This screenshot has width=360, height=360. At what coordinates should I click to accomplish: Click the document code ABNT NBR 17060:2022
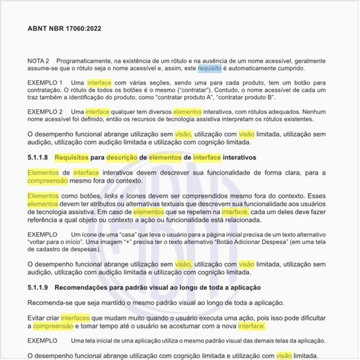pyautogui.click(x=64, y=29)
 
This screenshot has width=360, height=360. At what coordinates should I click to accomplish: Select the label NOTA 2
pyautogui.click(x=39, y=60)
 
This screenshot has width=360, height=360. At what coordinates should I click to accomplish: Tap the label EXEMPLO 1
pyautogui.click(x=45, y=82)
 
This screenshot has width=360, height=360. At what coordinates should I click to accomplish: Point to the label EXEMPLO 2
pyautogui.click(x=45, y=112)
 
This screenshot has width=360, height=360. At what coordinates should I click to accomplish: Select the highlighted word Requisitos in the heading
pyautogui.click(x=71, y=158)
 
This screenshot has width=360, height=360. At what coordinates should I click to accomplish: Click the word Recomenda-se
pyautogui.click(x=50, y=302)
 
